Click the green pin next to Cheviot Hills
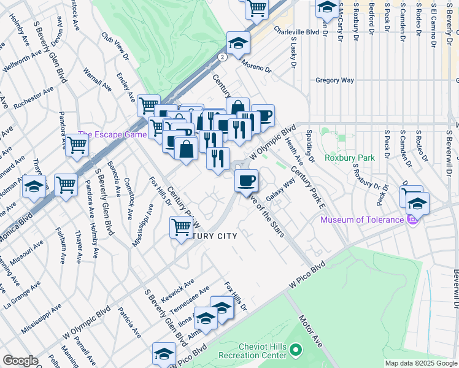point(296,351)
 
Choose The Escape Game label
point(112,134)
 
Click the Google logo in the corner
point(20,361)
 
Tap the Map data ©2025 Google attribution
point(421,363)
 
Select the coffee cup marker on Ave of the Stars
point(247,181)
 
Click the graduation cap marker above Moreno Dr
point(238,44)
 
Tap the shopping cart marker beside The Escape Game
point(77,145)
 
